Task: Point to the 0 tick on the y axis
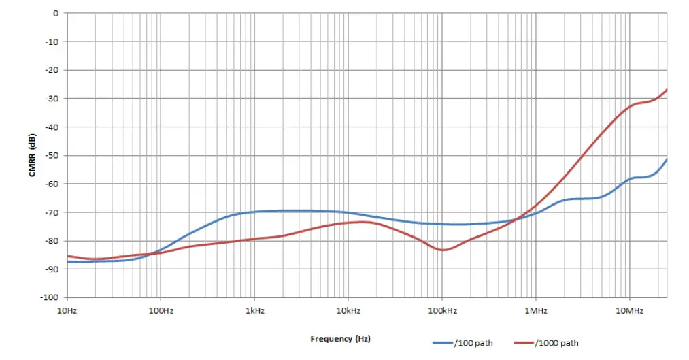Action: tap(55, 13)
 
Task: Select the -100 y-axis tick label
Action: tap(49, 297)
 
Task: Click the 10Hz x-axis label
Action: tap(67, 310)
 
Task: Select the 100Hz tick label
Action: tap(161, 310)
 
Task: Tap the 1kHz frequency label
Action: tap(254, 310)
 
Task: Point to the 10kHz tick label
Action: tap(348, 310)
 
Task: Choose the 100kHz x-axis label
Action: tap(441, 310)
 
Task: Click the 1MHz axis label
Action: tap(535, 310)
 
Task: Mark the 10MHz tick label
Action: tap(629, 310)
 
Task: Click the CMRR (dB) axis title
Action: tap(32, 156)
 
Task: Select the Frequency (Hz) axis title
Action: tap(341, 338)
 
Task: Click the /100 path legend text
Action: tap(476, 343)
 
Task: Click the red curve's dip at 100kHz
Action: tap(443, 250)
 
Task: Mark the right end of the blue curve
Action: tap(667, 159)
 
